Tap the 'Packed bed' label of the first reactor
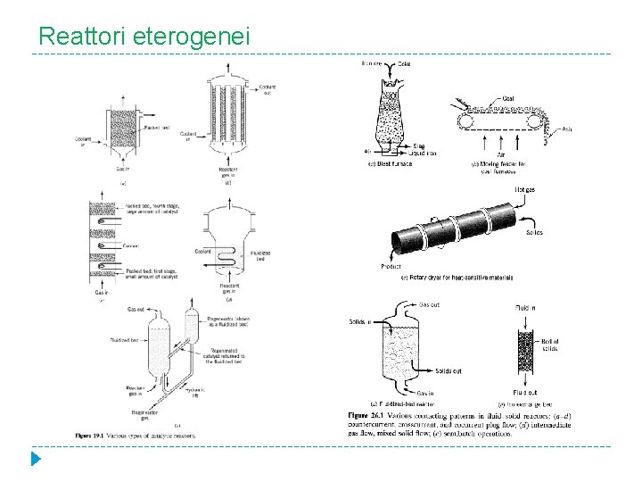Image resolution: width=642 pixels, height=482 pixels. [159, 128]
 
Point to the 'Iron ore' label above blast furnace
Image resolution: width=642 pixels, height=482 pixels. [372, 63]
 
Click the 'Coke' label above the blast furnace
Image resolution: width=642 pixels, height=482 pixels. [404, 63]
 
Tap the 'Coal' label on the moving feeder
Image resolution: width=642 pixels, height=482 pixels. [507, 99]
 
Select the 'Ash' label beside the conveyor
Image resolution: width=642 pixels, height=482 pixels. [566, 130]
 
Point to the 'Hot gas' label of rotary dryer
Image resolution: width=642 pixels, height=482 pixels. [525, 188]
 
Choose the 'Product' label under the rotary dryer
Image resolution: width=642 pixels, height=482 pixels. [390, 266]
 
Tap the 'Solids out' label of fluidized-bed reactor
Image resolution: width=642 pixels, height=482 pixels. [449, 370]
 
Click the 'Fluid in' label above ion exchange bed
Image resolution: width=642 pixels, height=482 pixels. [525, 308]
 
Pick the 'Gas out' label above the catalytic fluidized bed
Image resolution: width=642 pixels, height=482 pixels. [136, 310]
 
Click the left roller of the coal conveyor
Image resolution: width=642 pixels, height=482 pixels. [464, 121]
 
